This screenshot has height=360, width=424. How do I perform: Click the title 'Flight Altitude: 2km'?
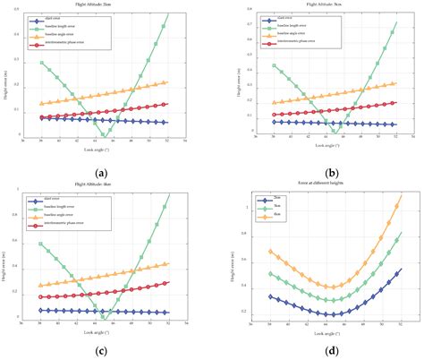106,4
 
